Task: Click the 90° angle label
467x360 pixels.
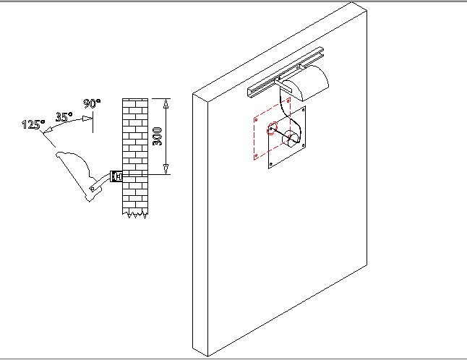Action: tap(92, 103)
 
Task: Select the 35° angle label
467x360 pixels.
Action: tap(65, 116)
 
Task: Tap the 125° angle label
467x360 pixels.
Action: tap(33, 124)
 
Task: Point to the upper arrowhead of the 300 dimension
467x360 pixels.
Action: tap(167, 103)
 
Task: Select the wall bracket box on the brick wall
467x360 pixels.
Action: tap(116, 176)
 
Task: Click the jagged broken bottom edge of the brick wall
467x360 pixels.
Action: tap(134, 213)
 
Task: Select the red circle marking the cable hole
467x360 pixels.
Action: tap(273, 129)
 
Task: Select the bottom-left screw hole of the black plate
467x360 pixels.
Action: tap(270, 166)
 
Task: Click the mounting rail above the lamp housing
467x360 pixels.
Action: tap(286, 73)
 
